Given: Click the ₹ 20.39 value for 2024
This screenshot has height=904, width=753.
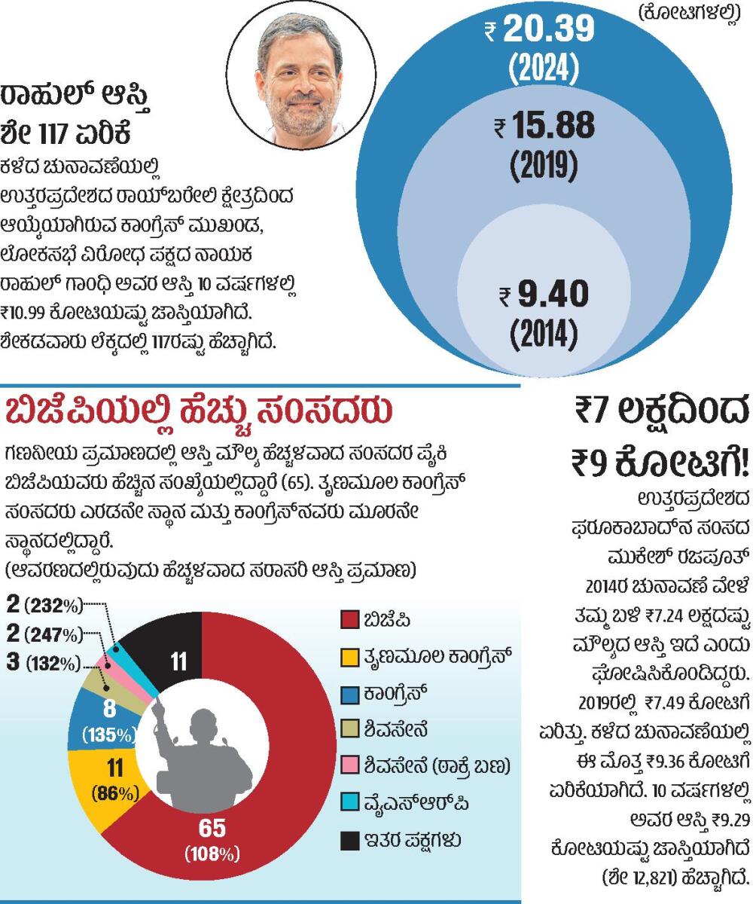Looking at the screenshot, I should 540,30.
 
